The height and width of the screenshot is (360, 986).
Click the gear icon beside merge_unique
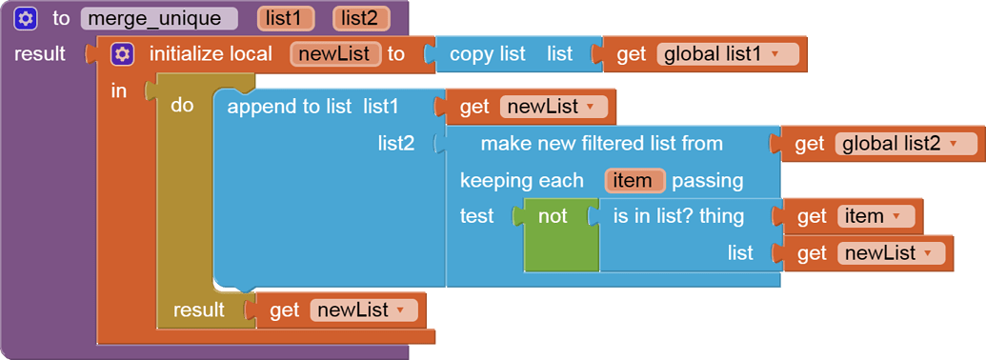26,18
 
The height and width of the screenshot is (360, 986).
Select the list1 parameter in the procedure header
286,18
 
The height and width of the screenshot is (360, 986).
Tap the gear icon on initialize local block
122,54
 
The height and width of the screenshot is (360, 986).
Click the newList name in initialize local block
335,54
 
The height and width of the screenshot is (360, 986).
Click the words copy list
487,54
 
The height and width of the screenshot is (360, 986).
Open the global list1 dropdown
774,54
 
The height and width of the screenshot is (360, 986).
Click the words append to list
289,107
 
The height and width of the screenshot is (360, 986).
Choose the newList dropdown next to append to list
591,108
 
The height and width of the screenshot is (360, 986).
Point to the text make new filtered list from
601,144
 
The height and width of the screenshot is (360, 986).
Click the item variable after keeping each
633,180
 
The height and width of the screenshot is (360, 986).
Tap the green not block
553,216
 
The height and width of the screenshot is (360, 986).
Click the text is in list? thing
678,216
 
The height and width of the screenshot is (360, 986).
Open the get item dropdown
895,217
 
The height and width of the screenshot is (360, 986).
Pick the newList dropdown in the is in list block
930,253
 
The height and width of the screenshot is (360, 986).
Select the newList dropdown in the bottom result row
400,310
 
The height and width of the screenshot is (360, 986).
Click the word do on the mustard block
182,106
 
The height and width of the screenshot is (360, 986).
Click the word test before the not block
476,216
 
